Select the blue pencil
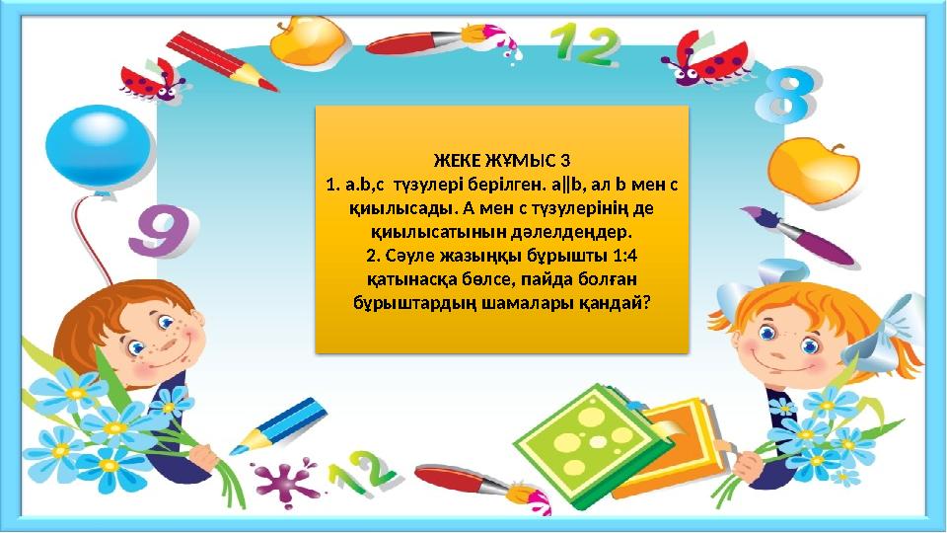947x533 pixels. click(x=280, y=420)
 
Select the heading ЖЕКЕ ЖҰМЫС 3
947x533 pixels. click(x=501, y=161)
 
